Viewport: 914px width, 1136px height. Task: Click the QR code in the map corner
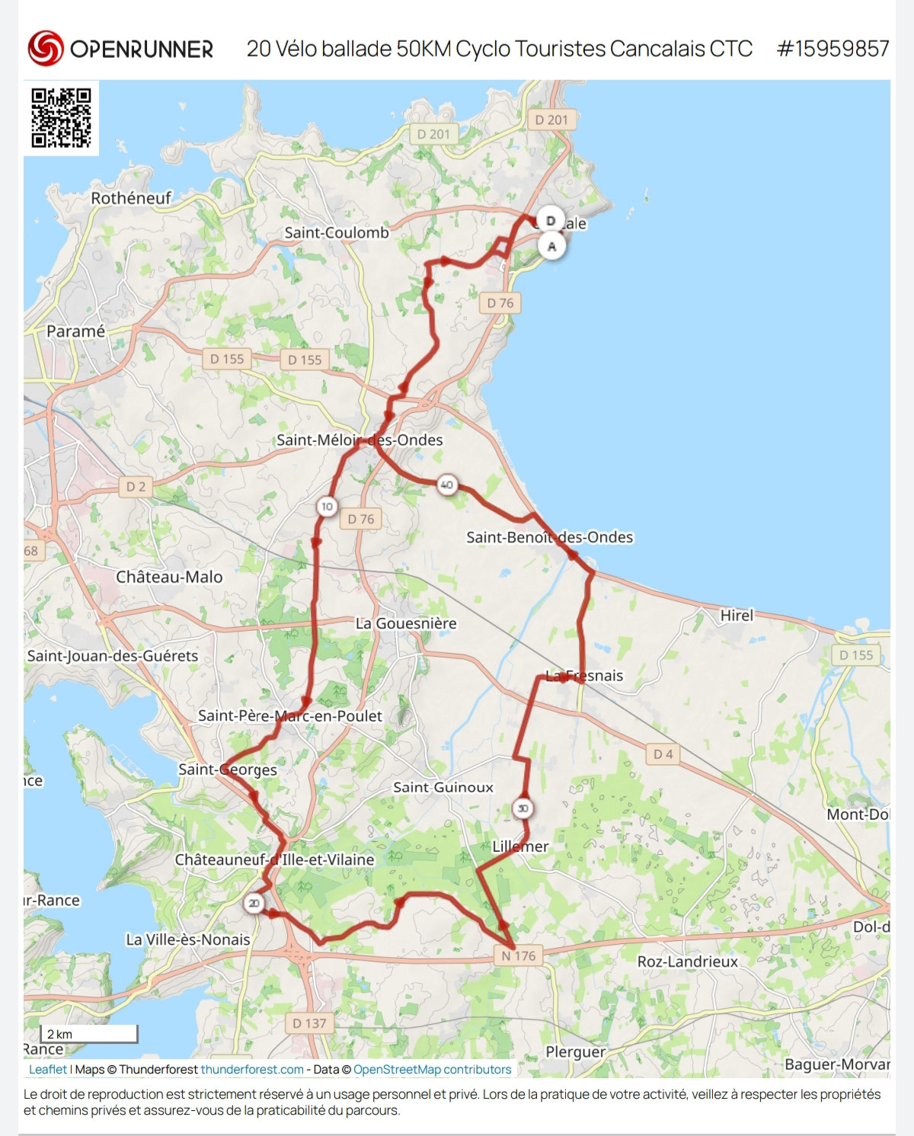tap(61, 117)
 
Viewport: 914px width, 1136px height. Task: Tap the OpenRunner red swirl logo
tap(45, 48)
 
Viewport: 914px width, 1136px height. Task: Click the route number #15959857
tap(833, 49)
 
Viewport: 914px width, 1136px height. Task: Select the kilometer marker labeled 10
tap(327, 506)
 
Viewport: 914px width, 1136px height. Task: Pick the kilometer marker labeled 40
tap(447, 485)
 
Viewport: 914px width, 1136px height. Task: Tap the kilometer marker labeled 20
tap(254, 904)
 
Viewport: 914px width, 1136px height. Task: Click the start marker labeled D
tap(551, 220)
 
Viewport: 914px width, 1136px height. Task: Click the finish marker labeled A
tap(552, 246)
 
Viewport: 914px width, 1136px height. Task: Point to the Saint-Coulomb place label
tap(336, 232)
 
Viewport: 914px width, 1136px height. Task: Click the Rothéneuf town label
tap(131, 198)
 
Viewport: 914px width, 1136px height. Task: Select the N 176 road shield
tap(519, 955)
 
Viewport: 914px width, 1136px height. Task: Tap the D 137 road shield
tap(308, 1023)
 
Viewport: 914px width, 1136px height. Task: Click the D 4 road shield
tap(663, 754)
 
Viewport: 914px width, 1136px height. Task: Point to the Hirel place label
tap(737, 615)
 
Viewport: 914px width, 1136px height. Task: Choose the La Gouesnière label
tap(406, 623)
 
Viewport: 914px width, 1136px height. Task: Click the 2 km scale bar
tap(91, 1034)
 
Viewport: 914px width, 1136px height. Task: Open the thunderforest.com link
tap(252, 1070)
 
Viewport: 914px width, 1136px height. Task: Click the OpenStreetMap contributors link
tap(432, 1070)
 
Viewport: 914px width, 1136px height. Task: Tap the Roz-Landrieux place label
tap(687, 962)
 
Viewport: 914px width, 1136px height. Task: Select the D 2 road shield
tap(136, 486)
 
